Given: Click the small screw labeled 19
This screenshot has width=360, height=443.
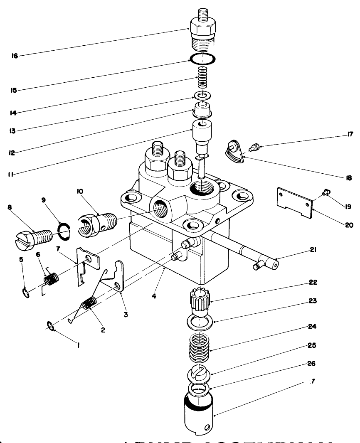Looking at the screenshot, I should click(326, 192).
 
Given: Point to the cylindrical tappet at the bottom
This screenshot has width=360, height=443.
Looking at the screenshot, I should click(198, 414).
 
